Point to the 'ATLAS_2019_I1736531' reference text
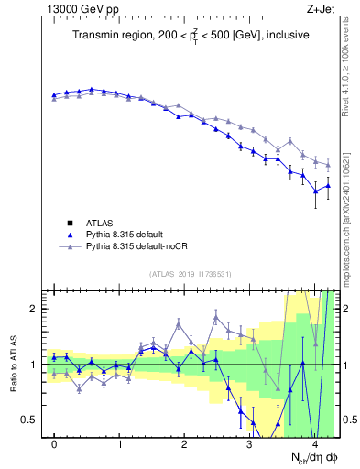pyautogui.click(x=191, y=274)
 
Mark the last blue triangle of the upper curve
pyautogui.click(x=328, y=186)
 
